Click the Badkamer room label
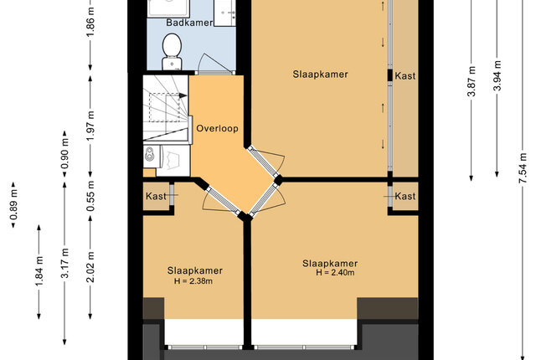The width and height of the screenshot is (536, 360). [x=189, y=23]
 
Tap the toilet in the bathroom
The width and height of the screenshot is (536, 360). [x=172, y=51]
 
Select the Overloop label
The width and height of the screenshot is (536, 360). [x=217, y=128]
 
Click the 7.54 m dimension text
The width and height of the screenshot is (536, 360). [x=522, y=168]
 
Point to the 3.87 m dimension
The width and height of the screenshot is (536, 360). [x=472, y=81]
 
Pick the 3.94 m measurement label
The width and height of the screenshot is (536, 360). [x=497, y=75]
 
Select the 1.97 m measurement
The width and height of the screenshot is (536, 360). [x=90, y=126]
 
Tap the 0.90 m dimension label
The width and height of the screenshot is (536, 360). [x=64, y=154]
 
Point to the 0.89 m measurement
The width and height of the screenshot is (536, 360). [x=13, y=204]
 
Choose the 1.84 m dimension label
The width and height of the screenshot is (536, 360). [x=39, y=271]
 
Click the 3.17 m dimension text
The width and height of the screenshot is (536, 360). [x=64, y=264]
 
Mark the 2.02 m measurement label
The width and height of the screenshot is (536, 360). [x=90, y=267]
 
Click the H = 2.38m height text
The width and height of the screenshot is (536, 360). [x=193, y=281]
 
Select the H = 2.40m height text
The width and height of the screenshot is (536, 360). [x=335, y=273]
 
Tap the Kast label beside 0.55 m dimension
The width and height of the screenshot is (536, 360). [x=156, y=196]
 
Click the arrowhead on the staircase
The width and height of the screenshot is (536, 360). [x=183, y=95]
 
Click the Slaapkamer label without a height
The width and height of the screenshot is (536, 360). [x=320, y=75]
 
